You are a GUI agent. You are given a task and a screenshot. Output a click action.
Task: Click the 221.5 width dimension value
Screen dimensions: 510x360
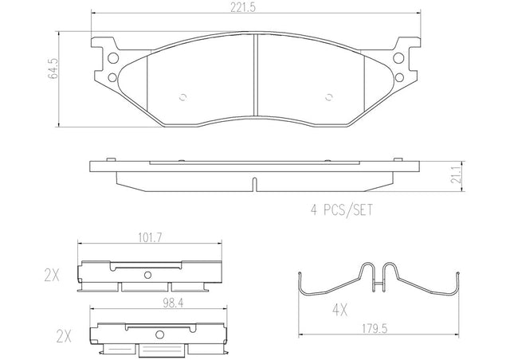pos(243,7)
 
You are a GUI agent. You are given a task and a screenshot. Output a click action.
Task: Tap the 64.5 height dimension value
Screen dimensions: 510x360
pos(53,68)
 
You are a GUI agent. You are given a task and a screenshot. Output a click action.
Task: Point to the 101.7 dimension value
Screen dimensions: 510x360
pos(150,238)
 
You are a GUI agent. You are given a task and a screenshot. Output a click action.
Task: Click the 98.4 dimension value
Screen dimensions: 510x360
pos(172,303)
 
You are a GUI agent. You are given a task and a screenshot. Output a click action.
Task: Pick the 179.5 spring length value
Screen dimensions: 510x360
pos(375,329)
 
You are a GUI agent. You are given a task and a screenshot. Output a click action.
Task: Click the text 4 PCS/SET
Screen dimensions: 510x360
pos(341,209)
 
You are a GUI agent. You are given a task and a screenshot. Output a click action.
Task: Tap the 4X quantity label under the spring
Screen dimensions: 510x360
pos(339,311)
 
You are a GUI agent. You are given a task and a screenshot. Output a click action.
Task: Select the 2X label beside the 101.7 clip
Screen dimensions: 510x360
pos(52,276)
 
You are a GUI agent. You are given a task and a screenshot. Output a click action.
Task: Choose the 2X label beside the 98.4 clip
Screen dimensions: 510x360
pos(64,337)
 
